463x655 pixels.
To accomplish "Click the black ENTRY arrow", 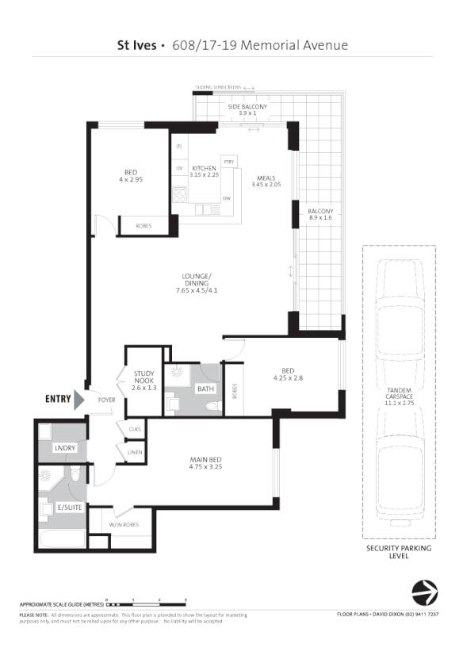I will (x=78, y=400).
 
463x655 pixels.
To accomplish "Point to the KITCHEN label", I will (x=204, y=168).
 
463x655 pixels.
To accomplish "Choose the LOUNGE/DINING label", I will (x=193, y=280).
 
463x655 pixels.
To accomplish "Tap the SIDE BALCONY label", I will (x=247, y=107).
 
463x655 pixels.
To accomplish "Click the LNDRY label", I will (x=64, y=449).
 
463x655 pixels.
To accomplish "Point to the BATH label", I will (x=205, y=389).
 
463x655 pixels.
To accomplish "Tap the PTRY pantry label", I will (x=229, y=162).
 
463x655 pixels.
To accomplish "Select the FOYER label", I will (x=106, y=400).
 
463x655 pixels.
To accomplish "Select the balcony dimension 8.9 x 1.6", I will (x=320, y=216).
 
